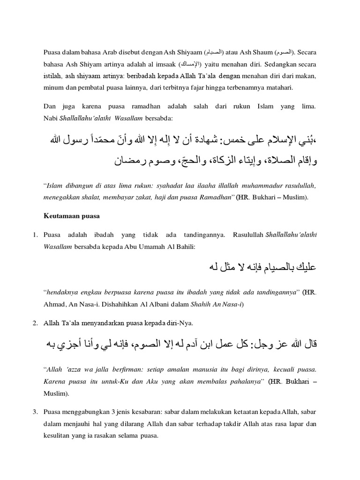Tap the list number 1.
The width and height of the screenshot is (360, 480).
point(35,234)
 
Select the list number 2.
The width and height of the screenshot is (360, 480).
point(35,323)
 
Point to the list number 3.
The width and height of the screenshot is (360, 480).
point(35,412)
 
